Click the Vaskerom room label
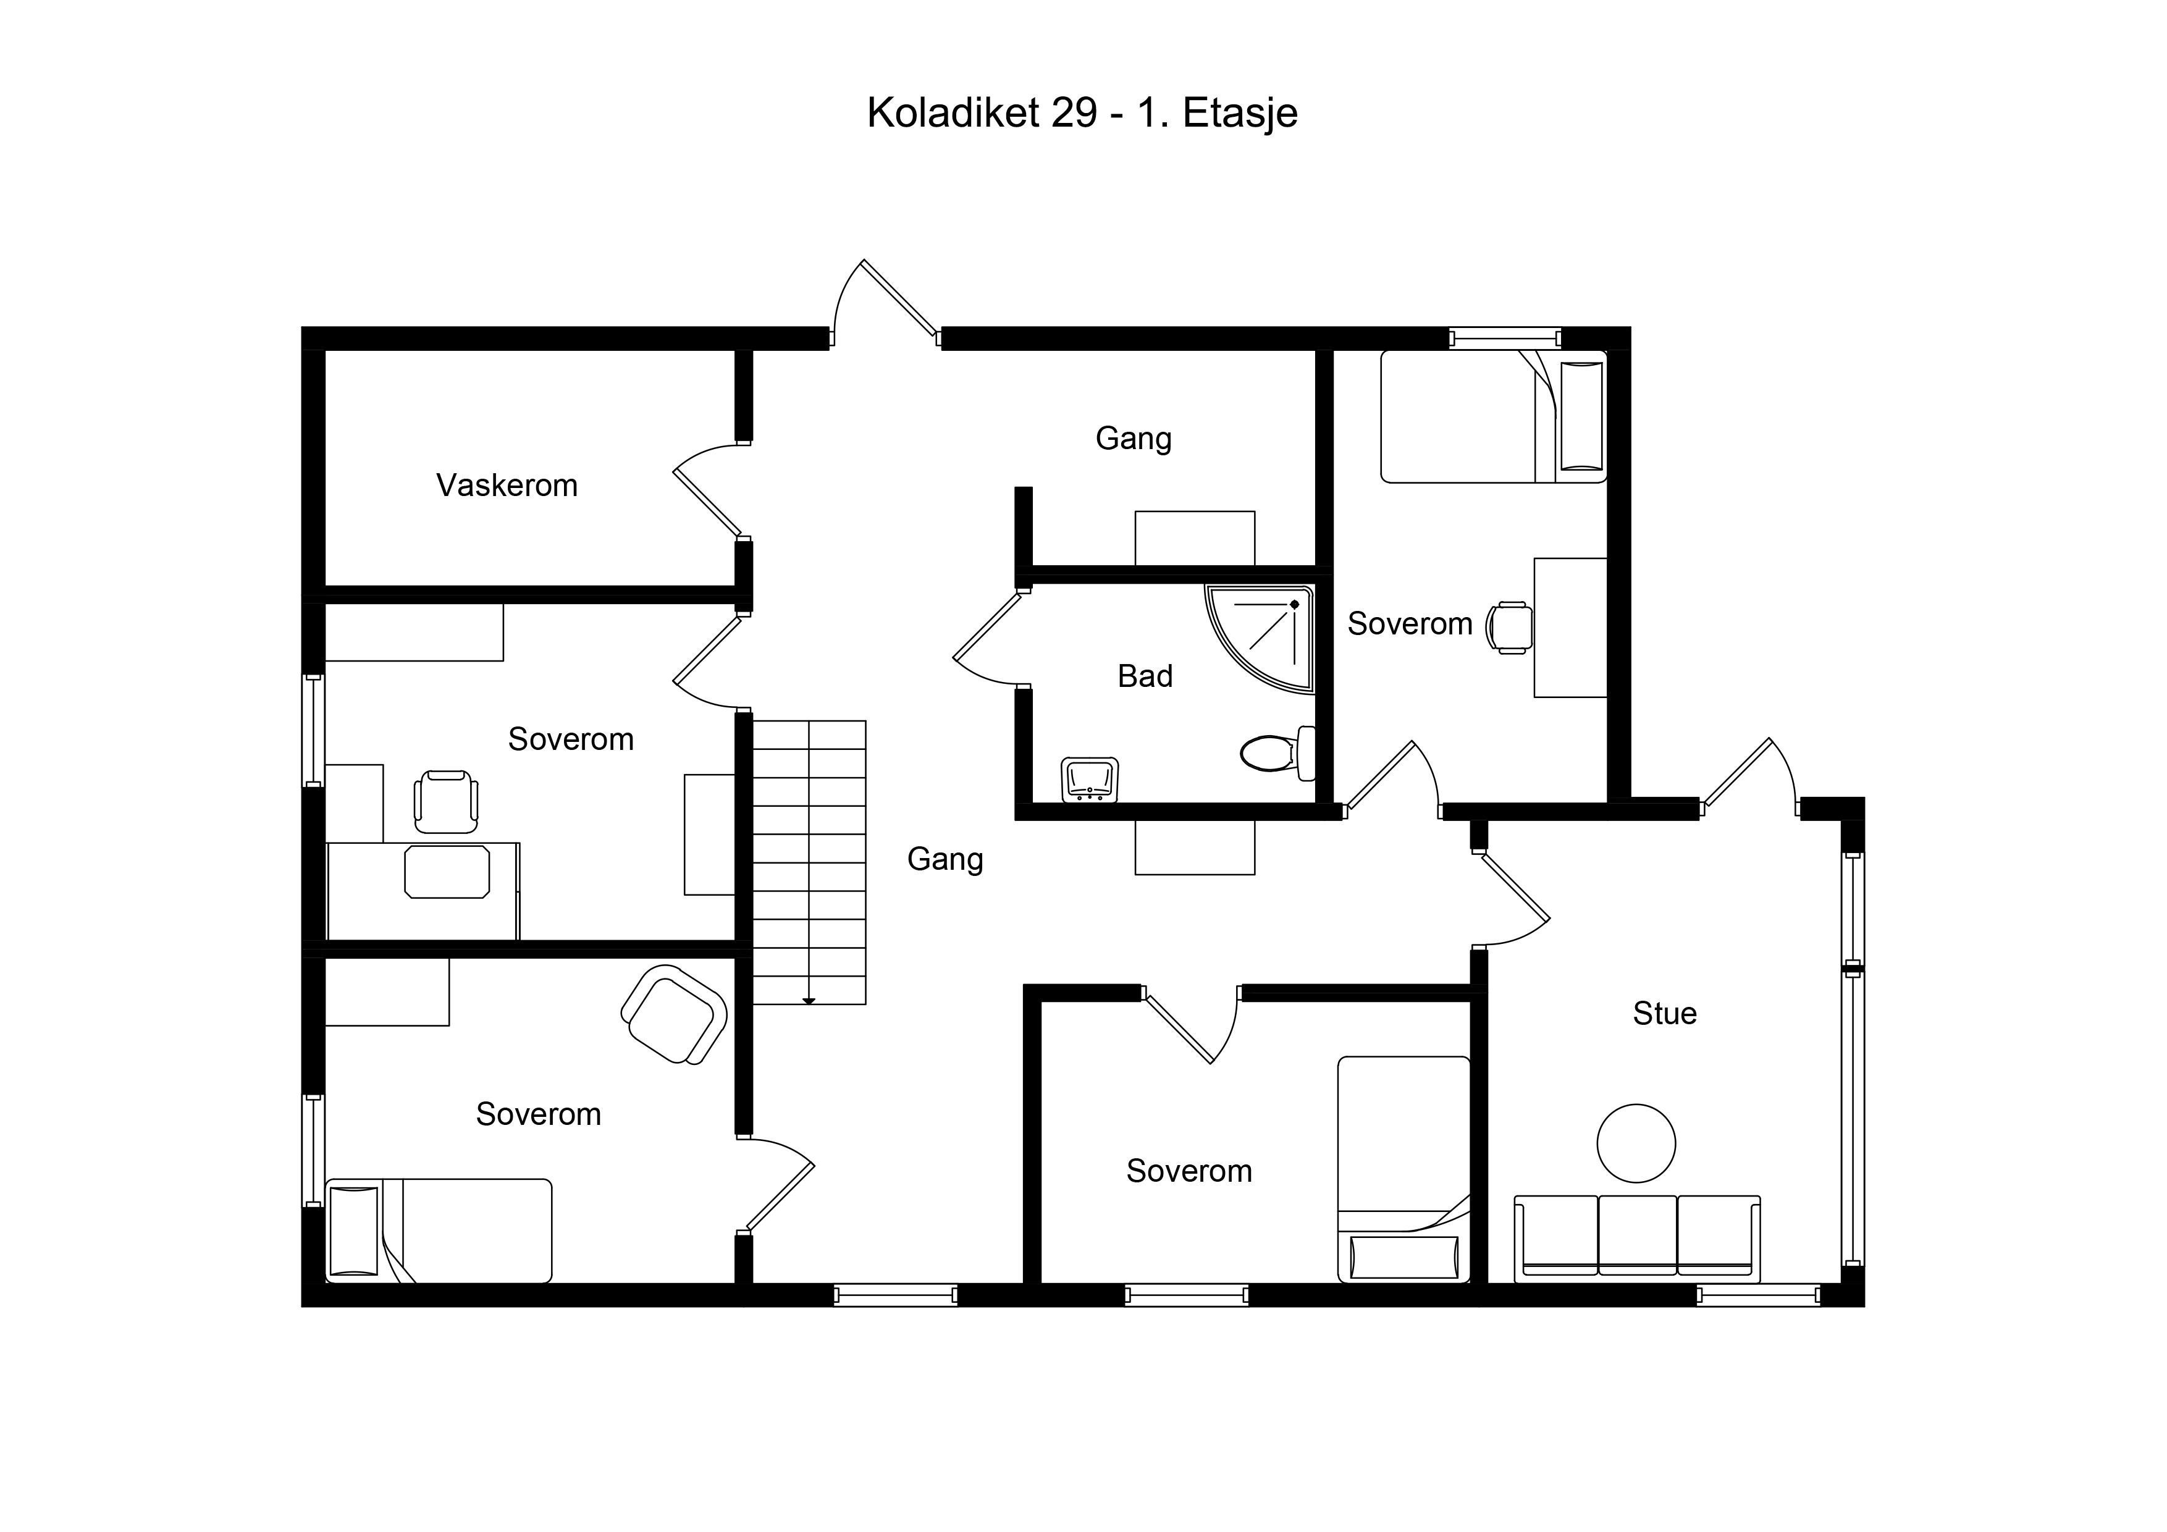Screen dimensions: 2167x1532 [507, 485]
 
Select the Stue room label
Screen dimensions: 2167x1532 [1665, 1013]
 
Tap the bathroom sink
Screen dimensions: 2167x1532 [1090, 780]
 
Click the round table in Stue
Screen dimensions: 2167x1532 [1636, 1143]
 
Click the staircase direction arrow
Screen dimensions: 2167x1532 [809, 1001]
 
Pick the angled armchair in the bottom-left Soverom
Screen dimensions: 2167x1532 [674, 1015]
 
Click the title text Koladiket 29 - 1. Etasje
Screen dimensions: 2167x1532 [1082, 112]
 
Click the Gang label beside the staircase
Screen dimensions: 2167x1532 [945, 859]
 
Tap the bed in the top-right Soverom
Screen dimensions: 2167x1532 [1493, 416]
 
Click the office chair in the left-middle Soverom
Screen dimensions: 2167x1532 [445, 801]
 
